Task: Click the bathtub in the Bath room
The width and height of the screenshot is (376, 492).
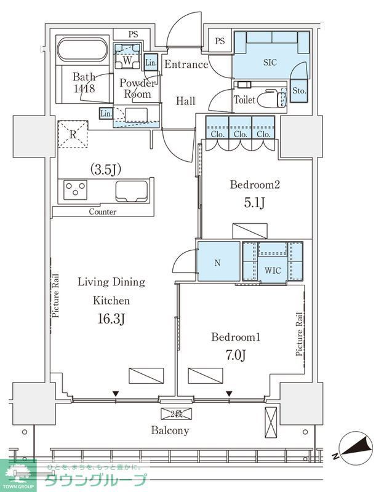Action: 82,50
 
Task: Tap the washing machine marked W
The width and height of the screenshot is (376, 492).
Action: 127,56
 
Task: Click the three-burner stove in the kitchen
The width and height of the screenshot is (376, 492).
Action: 75,189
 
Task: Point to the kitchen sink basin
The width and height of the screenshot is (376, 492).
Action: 132,191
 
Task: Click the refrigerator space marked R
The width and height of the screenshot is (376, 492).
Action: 73,134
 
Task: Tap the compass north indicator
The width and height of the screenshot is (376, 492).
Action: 354,448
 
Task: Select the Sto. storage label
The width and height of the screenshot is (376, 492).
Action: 299,90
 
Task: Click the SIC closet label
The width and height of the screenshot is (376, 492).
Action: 270,62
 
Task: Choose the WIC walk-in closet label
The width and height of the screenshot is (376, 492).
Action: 273,270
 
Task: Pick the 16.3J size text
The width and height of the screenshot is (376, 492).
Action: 111,319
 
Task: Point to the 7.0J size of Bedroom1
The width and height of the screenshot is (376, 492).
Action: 236,355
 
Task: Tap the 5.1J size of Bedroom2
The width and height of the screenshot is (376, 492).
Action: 255,203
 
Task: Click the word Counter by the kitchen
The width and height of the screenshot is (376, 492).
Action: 103,212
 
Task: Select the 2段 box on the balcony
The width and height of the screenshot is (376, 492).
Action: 176,413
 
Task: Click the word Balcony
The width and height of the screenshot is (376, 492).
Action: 170,430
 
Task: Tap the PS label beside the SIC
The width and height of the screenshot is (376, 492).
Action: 220,41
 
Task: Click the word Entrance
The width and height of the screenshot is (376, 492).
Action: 186,65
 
